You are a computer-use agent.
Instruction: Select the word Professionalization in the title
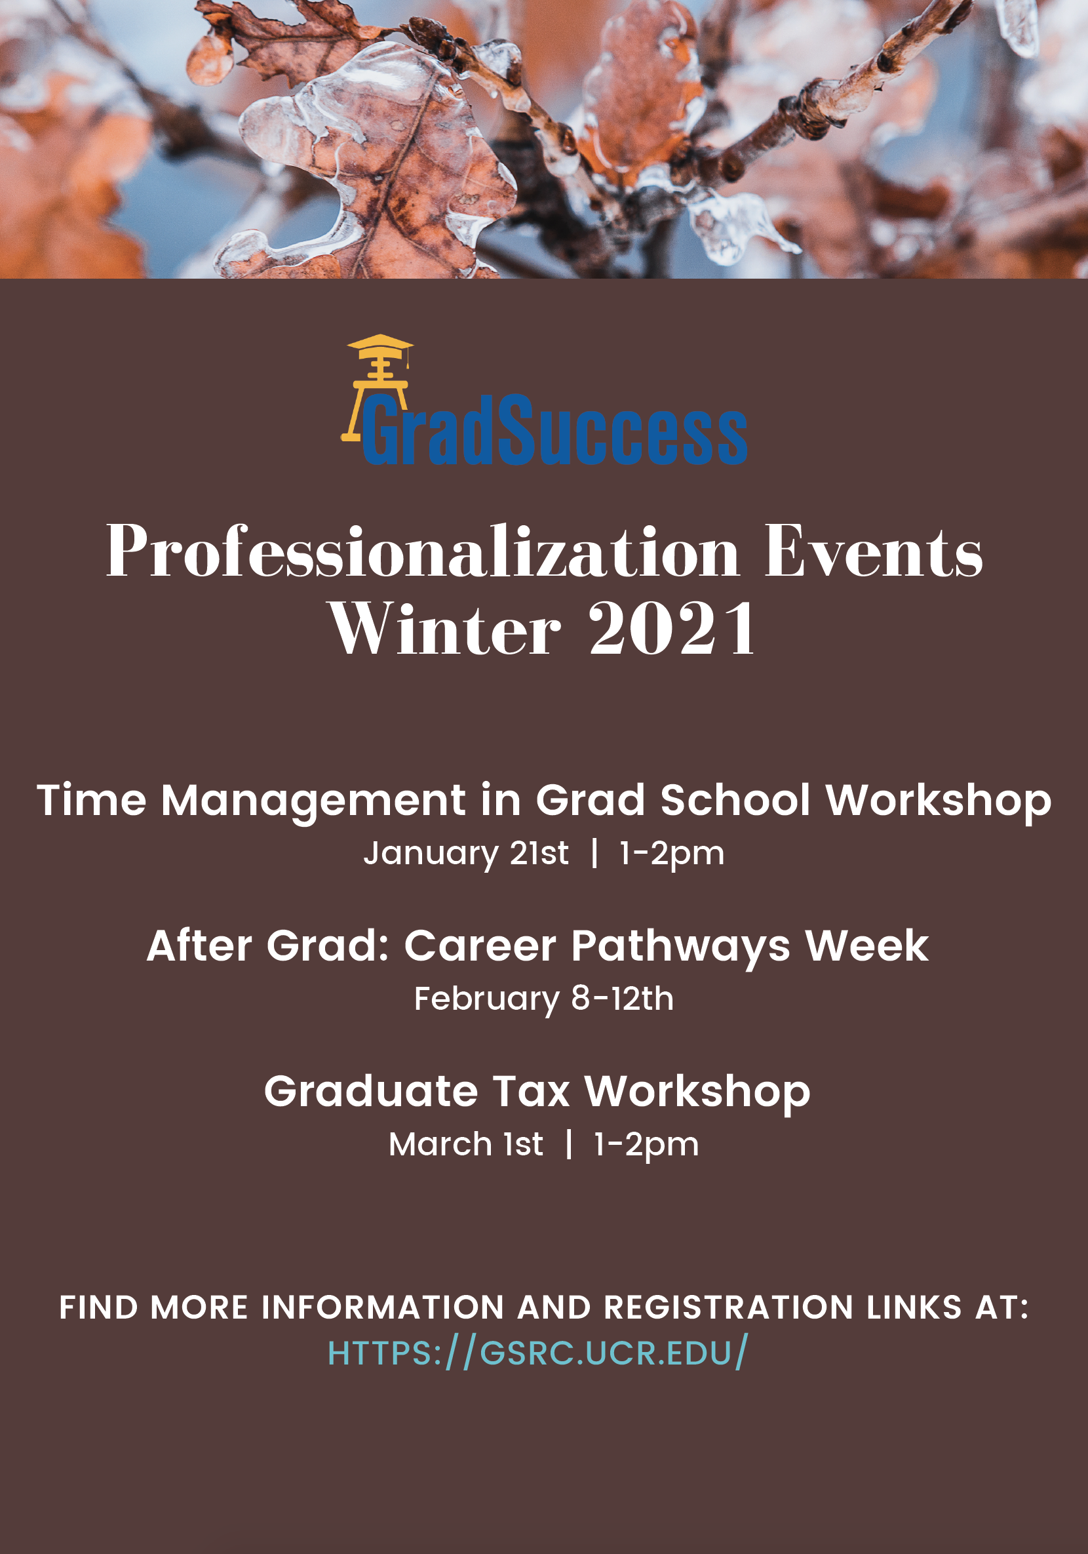click(x=423, y=553)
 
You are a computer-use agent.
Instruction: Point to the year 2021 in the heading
click(x=672, y=629)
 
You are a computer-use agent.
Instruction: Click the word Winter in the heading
click(x=444, y=629)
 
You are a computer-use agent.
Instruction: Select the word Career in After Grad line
click(x=480, y=946)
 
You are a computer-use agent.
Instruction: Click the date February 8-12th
click(x=544, y=999)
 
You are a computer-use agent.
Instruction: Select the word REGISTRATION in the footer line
click(x=729, y=1307)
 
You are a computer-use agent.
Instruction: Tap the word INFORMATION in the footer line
click(x=383, y=1307)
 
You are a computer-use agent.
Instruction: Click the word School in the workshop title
click(x=735, y=801)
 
